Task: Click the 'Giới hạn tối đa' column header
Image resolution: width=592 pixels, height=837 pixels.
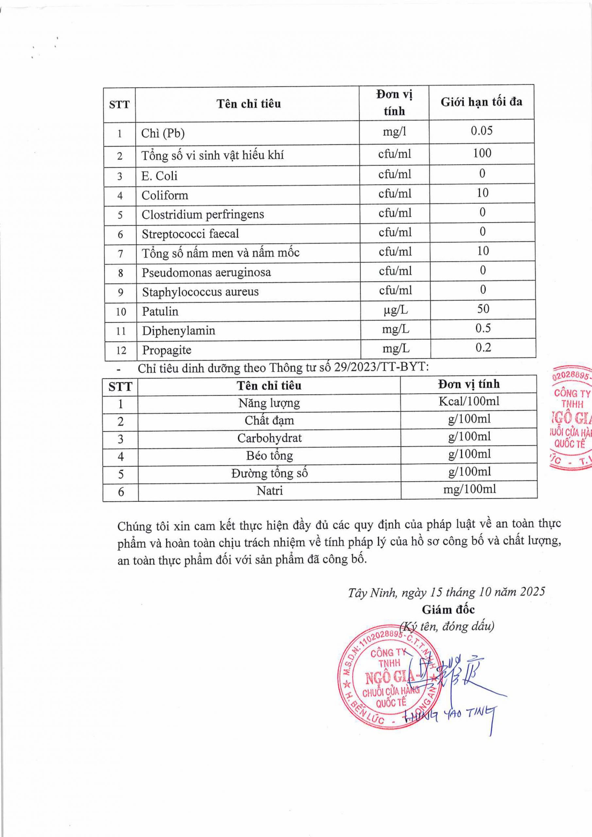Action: click(x=481, y=102)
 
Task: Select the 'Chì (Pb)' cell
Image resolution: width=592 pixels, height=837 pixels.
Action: click(x=163, y=133)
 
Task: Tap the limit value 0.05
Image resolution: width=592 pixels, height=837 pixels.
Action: click(x=482, y=130)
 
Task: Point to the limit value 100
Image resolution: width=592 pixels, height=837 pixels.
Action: click(x=482, y=153)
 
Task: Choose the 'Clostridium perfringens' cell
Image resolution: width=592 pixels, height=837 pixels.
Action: click(x=203, y=214)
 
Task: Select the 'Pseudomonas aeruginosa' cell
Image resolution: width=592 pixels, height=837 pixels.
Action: click(x=206, y=272)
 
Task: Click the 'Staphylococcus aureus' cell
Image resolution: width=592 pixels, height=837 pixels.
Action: click(x=200, y=292)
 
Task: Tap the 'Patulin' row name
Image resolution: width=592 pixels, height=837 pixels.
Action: click(x=160, y=311)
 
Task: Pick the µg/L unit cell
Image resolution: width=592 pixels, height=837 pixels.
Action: click(x=396, y=310)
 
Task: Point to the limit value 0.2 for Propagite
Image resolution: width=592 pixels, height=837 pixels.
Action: click(x=483, y=348)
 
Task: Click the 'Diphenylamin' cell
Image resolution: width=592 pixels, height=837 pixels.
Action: click(x=178, y=331)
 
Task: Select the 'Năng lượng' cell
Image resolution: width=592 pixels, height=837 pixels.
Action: click(x=269, y=403)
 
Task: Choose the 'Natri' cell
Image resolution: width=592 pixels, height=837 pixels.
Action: click(x=269, y=491)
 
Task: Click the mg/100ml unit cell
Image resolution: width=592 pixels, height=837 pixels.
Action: click(x=469, y=489)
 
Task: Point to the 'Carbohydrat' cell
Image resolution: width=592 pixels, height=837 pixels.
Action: click(x=269, y=438)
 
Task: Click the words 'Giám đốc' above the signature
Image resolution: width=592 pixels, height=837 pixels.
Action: click(x=448, y=609)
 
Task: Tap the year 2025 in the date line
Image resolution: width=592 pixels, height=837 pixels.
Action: click(x=532, y=591)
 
